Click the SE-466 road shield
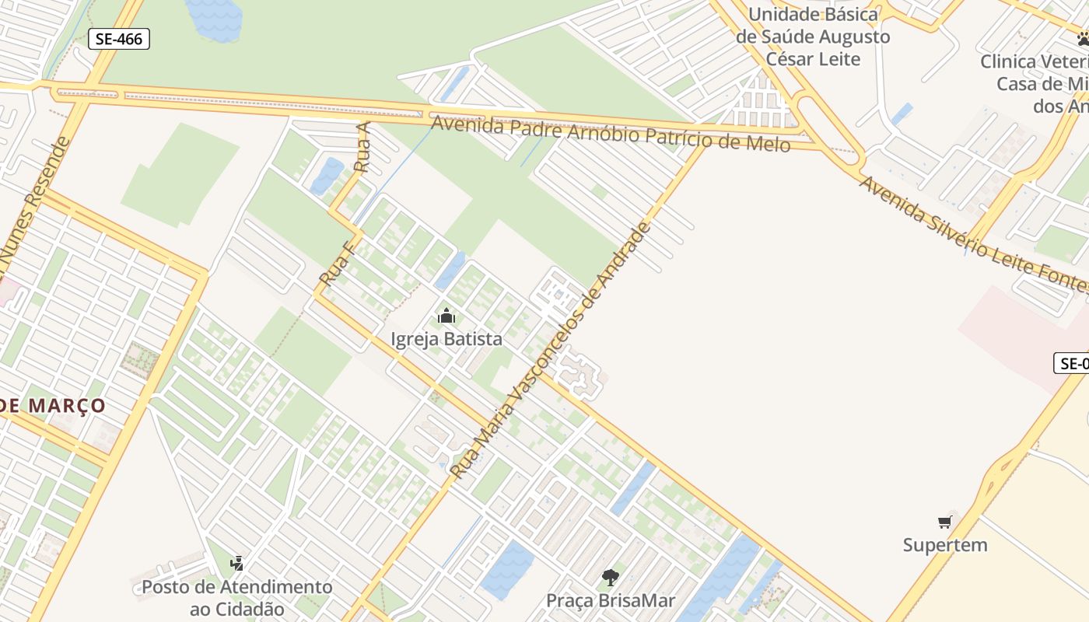click(x=118, y=39)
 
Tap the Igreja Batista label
click(x=446, y=339)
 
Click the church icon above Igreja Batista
click(x=446, y=316)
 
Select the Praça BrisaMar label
click(x=611, y=600)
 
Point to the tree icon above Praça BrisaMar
click(x=611, y=578)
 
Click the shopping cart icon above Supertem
click(x=945, y=522)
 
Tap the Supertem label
click(x=945, y=545)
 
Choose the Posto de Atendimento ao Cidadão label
click(x=236, y=597)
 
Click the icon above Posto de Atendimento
click(x=237, y=562)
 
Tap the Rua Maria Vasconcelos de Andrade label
click(x=549, y=351)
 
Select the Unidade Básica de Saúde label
click(x=813, y=37)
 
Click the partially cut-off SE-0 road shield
click(x=1072, y=362)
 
